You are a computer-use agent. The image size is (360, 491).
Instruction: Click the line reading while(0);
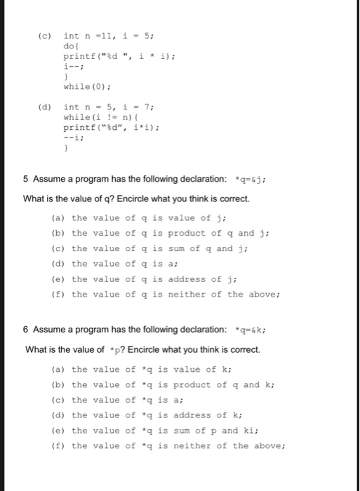(86, 87)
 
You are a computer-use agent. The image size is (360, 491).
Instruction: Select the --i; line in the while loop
(74, 138)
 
